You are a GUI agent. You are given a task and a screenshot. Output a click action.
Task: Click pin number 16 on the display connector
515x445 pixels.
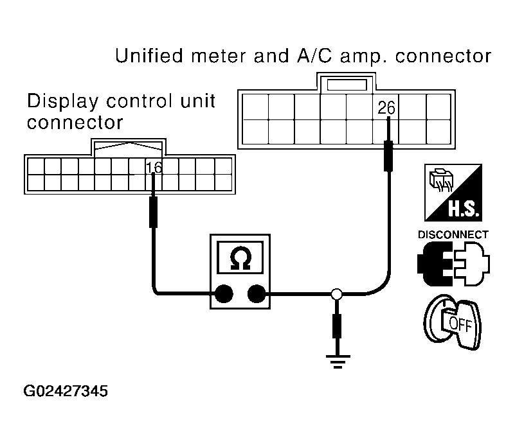pyautogui.click(x=154, y=168)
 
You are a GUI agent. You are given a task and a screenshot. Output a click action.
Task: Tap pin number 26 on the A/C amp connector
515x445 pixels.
pyautogui.click(x=386, y=108)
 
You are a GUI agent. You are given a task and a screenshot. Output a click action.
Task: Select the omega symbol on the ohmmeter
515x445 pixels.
pyautogui.click(x=240, y=258)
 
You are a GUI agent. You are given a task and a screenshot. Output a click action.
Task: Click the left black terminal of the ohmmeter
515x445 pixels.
pyautogui.click(x=224, y=293)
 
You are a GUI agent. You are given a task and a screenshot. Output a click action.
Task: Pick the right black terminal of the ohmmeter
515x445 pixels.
pyautogui.click(x=257, y=293)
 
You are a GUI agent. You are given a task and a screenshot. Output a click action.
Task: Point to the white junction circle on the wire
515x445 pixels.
pyautogui.click(x=337, y=294)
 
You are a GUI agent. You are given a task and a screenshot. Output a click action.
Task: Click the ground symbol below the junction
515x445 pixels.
pyautogui.click(x=338, y=362)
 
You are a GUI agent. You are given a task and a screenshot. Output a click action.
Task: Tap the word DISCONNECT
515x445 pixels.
pyautogui.click(x=453, y=235)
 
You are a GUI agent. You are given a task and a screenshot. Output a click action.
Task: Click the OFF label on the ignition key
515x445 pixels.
pyautogui.click(x=460, y=324)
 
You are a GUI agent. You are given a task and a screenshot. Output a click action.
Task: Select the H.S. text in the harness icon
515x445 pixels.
pyautogui.click(x=464, y=209)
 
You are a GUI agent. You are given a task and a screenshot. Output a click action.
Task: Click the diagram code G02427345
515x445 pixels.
pyautogui.click(x=66, y=391)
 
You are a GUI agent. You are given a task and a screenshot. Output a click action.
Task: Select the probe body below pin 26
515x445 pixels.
pyautogui.click(x=388, y=156)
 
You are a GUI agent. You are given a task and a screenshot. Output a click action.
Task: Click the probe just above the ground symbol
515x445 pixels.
pyautogui.click(x=337, y=326)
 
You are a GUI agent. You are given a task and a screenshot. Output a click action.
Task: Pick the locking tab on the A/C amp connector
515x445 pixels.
pyautogui.click(x=347, y=82)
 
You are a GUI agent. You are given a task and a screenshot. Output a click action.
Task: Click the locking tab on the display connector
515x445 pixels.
pyautogui.click(x=129, y=148)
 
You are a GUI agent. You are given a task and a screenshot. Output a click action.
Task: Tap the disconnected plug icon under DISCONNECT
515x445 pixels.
pyautogui.click(x=453, y=264)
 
